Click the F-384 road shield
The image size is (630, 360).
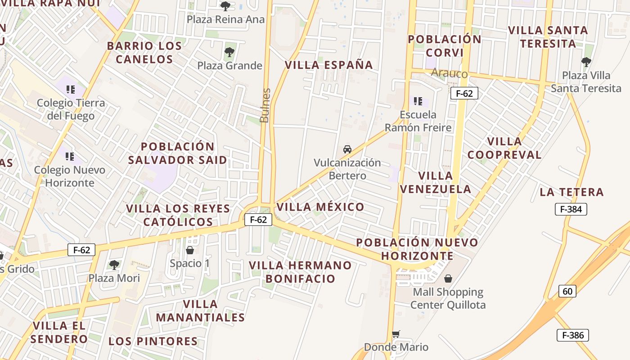(571, 209)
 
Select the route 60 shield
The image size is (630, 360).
(567, 291)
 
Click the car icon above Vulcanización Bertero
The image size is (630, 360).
(347, 149)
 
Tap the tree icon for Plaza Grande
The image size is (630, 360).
(229, 52)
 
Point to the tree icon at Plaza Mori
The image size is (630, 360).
(114, 265)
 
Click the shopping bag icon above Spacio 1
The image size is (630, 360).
(190, 250)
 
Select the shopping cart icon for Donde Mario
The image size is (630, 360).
(396, 334)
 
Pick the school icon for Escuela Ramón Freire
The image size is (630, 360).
(418, 101)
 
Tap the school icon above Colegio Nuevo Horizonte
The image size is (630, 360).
(70, 157)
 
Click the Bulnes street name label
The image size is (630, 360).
(265, 105)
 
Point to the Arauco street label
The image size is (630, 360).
(449, 73)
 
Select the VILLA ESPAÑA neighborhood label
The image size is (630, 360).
(329, 65)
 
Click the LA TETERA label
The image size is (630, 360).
(571, 192)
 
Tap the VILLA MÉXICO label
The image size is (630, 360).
(320, 207)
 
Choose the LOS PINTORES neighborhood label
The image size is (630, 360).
(153, 341)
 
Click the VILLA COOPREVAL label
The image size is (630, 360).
(504, 148)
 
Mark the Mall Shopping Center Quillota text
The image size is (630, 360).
(448, 298)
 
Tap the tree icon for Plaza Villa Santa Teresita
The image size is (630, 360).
(586, 62)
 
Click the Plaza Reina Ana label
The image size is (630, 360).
(226, 20)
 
